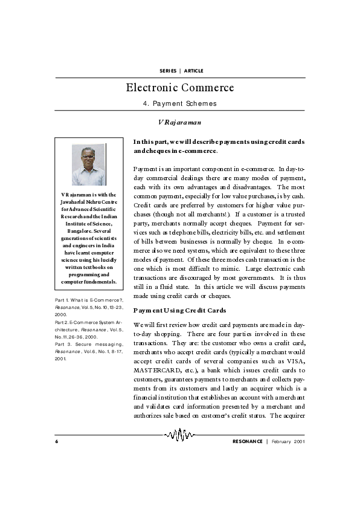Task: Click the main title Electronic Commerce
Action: click(179, 88)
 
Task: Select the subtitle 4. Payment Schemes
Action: click(179, 103)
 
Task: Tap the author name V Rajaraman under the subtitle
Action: click(179, 123)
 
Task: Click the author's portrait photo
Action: click(89, 164)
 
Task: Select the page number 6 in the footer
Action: click(56, 443)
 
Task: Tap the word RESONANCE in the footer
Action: click(248, 443)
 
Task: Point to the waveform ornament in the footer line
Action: click(180, 435)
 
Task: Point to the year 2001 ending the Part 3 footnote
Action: click(60, 358)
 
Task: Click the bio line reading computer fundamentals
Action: click(89, 282)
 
